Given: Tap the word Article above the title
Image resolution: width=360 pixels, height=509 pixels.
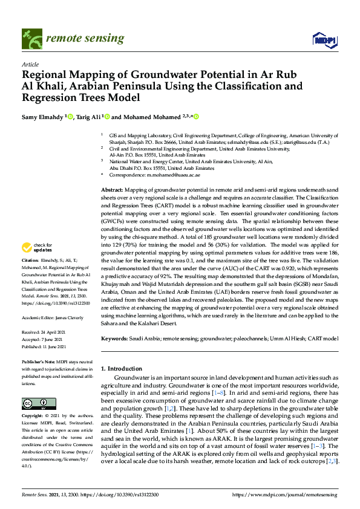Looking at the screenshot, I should coord(30,64).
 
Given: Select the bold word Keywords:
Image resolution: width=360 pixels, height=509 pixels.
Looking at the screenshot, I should coord(115,339).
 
